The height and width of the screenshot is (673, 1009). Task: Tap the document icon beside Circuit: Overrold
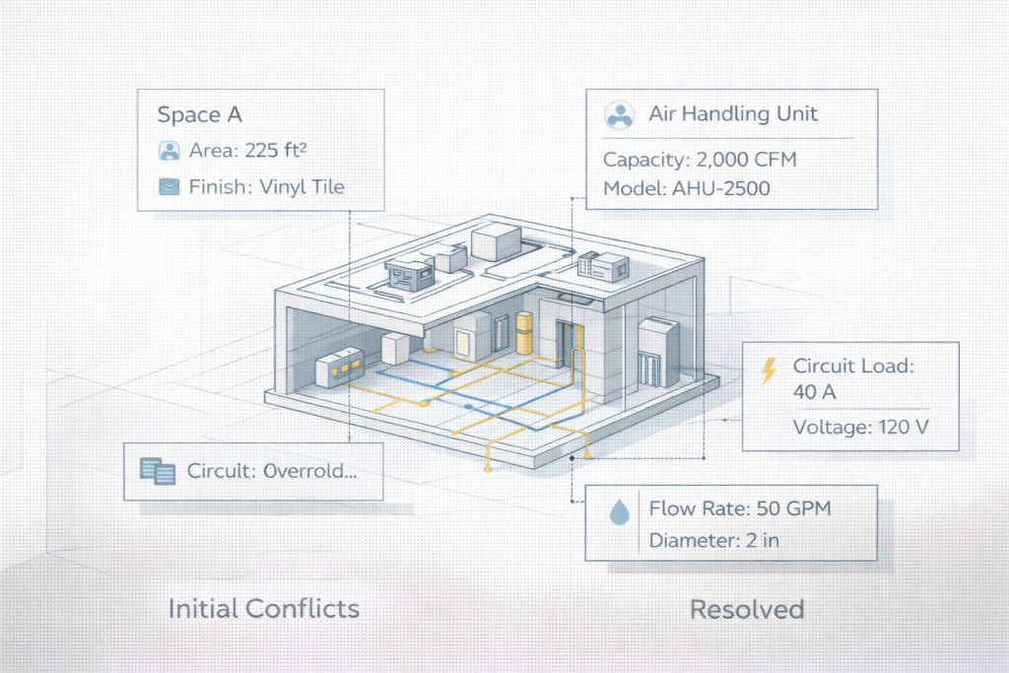[158, 470]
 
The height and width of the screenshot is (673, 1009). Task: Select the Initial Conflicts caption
[263, 608]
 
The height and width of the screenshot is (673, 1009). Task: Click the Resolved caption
[747, 608]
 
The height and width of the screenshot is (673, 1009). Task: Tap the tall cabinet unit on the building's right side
[653, 352]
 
